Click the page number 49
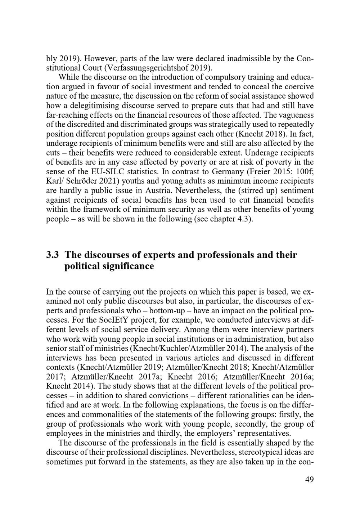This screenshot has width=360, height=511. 309,480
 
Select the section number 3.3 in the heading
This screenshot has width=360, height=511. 53,255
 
